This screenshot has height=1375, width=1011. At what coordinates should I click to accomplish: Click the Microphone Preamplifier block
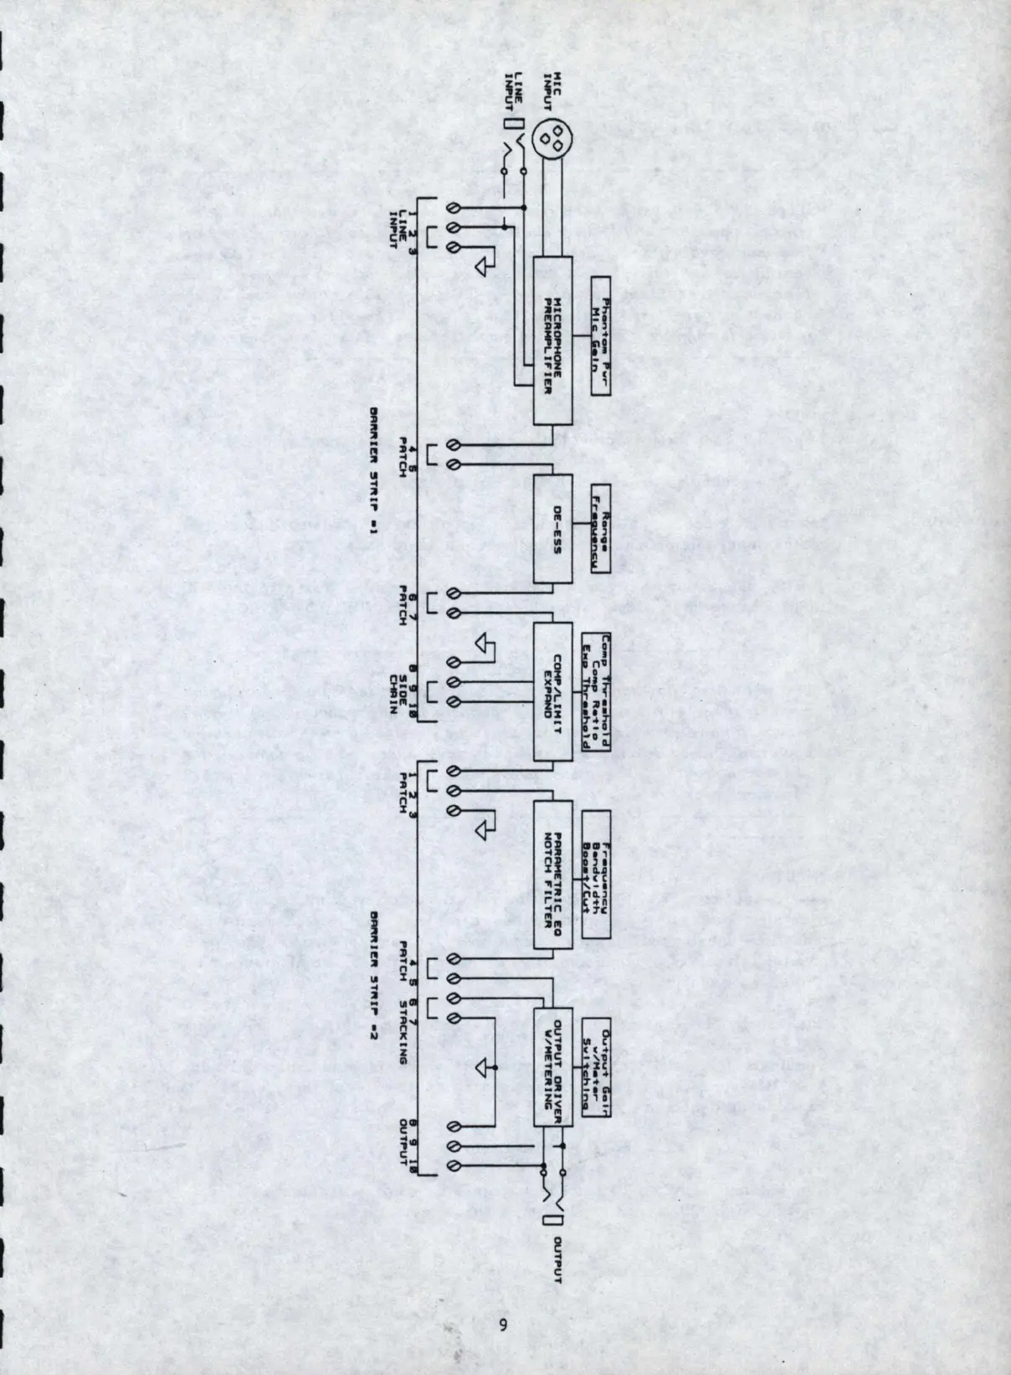point(552,340)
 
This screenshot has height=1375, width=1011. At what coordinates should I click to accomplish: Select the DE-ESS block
point(552,529)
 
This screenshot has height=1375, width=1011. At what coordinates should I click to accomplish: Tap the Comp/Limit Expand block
point(552,691)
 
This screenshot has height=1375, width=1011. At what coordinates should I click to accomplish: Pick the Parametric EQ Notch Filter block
point(552,875)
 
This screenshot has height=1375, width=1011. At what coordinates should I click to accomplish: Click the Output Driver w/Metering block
point(552,1067)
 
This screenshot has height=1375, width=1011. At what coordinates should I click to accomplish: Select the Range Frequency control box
point(600,528)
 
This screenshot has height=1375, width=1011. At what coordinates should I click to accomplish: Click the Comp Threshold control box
point(596,692)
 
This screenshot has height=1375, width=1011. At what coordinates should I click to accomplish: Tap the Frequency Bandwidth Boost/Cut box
point(596,873)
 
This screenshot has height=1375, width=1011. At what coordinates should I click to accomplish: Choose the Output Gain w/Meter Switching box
point(596,1067)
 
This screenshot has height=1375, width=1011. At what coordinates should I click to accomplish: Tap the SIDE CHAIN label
point(398,692)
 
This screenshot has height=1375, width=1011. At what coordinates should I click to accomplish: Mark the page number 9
point(503,1325)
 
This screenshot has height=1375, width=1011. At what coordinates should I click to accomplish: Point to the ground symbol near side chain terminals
point(485,644)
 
